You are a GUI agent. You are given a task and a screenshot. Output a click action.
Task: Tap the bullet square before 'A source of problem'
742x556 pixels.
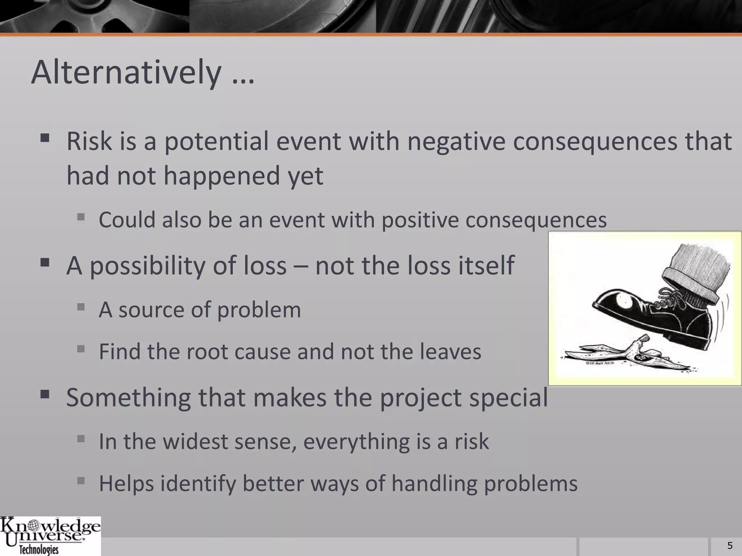[x=81, y=307]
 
